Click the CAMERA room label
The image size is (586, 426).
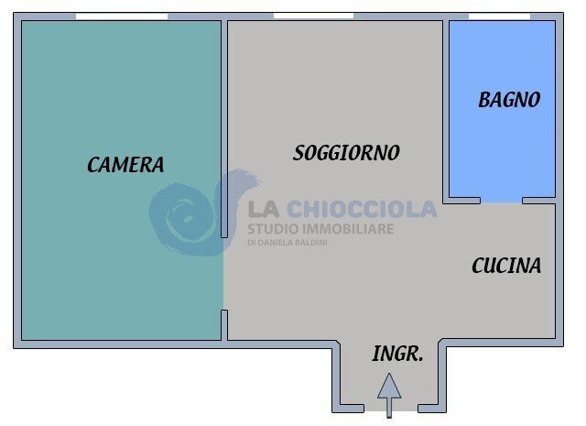pos(125,165)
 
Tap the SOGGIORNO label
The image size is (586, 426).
pos(346,153)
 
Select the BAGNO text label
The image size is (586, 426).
pos(509,100)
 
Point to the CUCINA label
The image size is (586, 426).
pos(506,266)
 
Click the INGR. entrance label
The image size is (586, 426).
pos(397,354)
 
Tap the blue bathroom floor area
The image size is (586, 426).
pos(502,147)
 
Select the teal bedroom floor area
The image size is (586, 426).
pos(119,257)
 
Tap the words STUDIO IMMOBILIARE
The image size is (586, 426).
pos(320,228)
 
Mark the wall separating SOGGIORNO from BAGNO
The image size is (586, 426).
pos(446,110)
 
